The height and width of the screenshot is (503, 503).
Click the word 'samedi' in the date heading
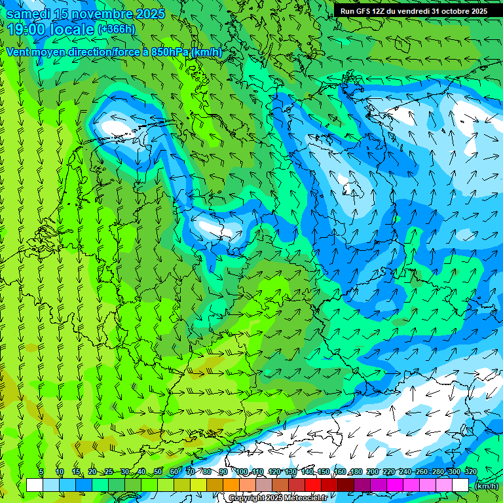coord(29,14)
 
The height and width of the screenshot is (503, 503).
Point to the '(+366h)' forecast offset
coord(117,29)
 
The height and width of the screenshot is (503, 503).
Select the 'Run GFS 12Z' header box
coord(413,11)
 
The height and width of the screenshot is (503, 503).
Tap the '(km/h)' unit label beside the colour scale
coord(486,486)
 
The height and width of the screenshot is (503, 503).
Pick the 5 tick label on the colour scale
coord(41,472)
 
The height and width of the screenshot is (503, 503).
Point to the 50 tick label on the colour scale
coord(158,472)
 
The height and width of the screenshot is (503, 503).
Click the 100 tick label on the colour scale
coord(242,472)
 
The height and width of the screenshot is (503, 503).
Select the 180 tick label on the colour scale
coord(356,472)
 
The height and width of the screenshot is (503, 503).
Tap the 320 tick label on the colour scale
coord(470,472)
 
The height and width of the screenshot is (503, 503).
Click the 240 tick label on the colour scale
coord(405,472)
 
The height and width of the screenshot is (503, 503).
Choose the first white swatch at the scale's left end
coord(35,485)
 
